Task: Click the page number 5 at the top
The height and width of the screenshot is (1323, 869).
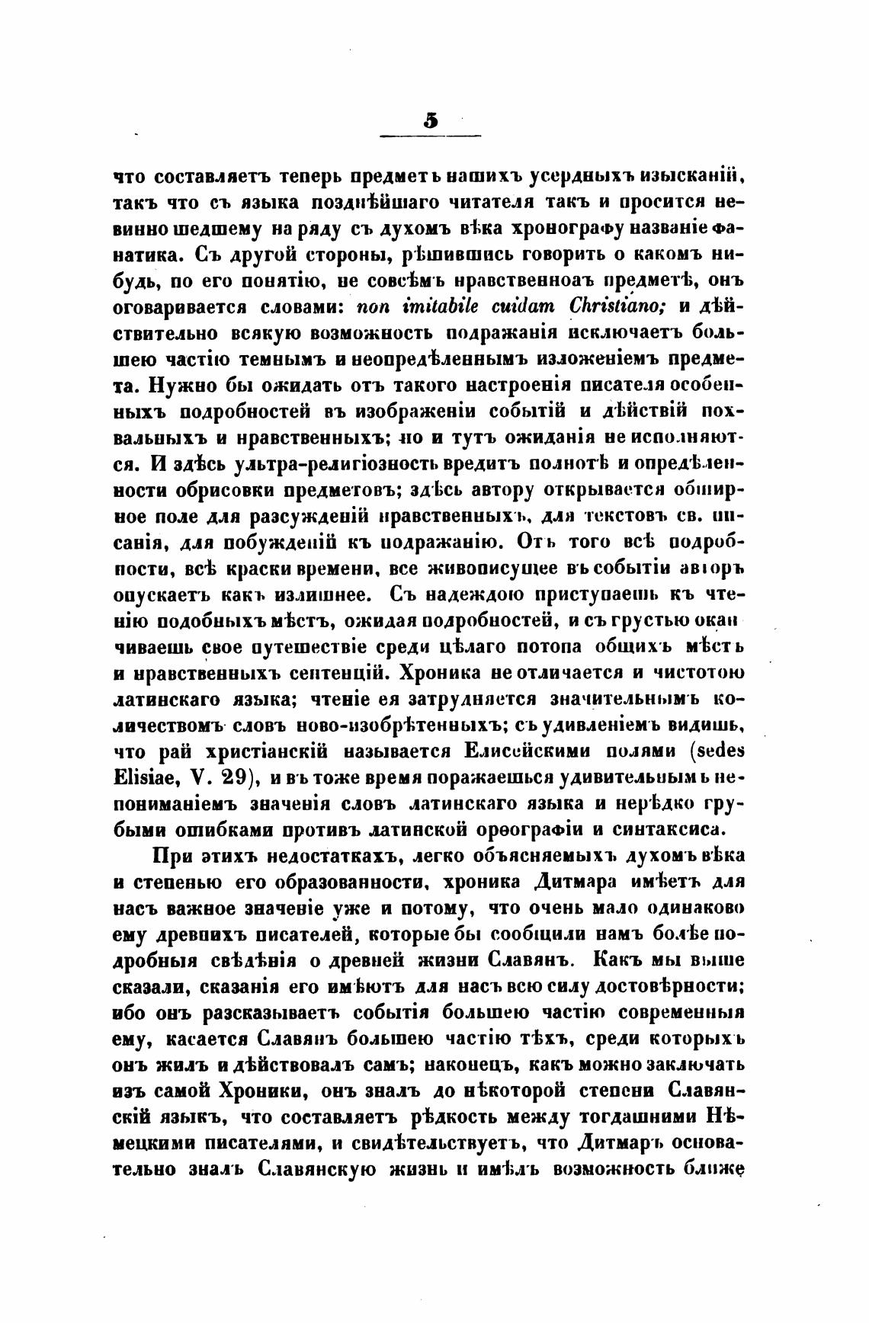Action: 431,120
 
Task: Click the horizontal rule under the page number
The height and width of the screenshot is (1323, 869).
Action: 431,136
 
